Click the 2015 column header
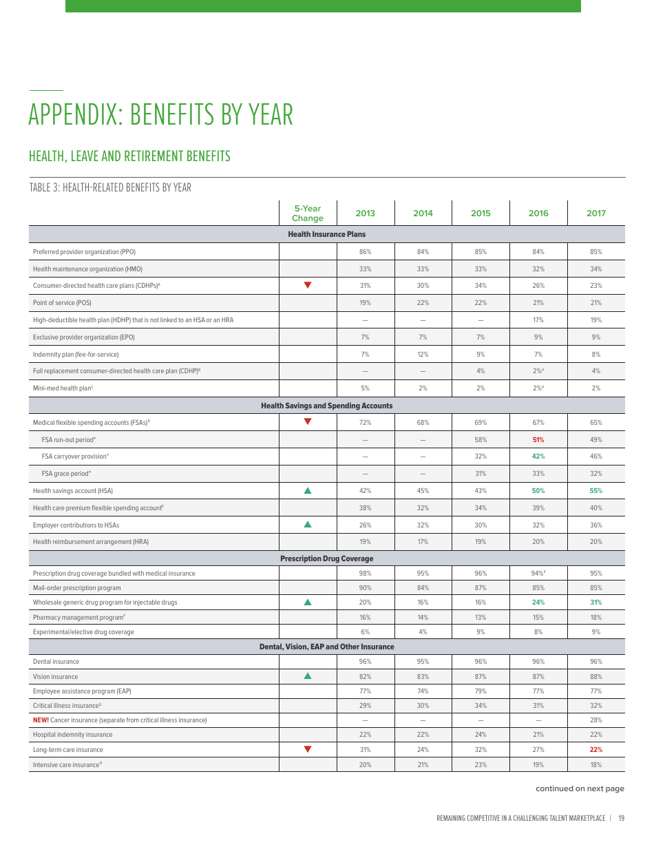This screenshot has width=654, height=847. [481, 213]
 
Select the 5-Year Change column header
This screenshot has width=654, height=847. [307, 213]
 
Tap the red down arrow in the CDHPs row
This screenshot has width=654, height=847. [308, 285]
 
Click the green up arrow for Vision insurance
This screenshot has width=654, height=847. [308, 676]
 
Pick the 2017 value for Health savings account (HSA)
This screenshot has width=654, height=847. [595, 491]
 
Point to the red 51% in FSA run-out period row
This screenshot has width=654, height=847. [538, 439]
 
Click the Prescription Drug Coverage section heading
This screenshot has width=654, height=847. [326, 558]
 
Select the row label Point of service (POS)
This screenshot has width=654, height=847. [62, 303]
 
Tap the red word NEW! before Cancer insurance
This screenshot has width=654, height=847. [41, 720]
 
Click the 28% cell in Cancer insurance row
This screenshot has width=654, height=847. [595, 720]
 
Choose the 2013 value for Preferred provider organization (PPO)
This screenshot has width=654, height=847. [365, 252]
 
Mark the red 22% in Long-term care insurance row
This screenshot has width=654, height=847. [595, 750]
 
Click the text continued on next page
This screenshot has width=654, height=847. [580, 788]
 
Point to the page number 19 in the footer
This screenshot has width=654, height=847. [621, 818]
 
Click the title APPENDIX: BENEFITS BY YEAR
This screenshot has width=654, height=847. [160, 114]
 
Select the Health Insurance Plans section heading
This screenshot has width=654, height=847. [326, 235]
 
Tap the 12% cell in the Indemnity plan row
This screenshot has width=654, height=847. [423, 354]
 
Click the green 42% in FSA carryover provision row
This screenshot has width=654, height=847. [538, 457]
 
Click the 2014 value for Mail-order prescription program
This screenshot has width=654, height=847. [423, 588]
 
